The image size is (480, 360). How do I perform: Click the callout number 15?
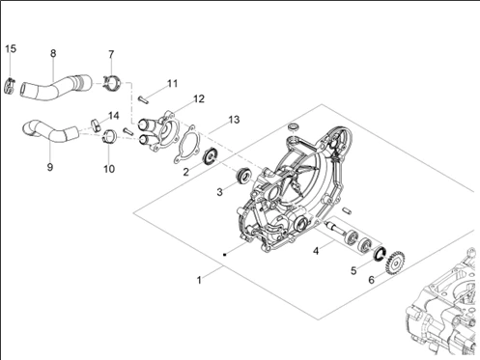[x=11, y=49]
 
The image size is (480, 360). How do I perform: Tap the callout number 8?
[x=53, y=53]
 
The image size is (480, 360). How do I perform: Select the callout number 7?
[x=111, y=54]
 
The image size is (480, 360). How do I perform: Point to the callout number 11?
[x=173, y=83]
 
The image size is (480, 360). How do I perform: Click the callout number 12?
[x=199, y=98]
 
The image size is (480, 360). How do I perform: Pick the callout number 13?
[x=234, y=120]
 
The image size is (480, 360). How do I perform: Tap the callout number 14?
[x=113, y=116]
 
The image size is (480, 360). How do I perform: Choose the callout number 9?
[x=50, y=167]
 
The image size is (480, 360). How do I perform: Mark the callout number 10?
[x=109, y=169]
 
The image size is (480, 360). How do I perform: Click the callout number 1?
[x=199, y=280]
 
